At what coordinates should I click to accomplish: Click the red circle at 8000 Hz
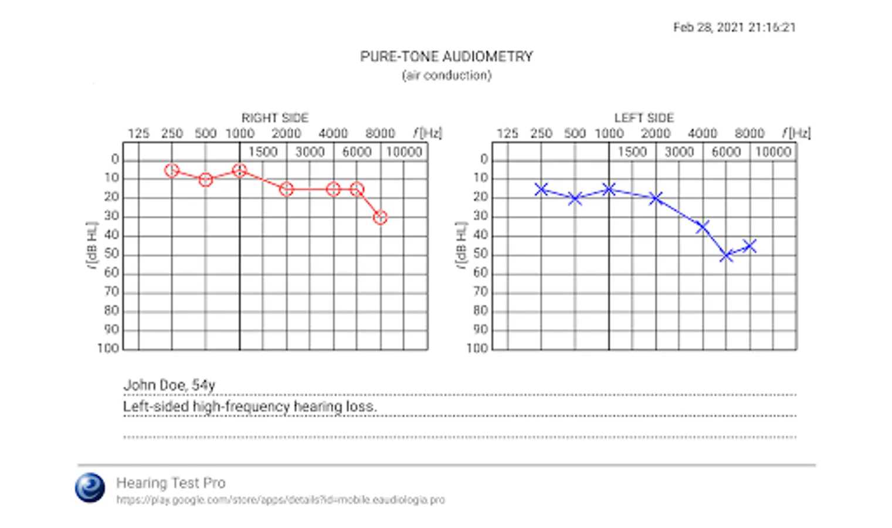(381, 218)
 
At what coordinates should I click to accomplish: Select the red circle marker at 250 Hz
(171, 171)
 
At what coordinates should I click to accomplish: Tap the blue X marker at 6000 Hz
(726, 256)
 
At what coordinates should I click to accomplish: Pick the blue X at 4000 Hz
(703, 226)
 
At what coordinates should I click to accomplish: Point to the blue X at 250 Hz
(541, 189)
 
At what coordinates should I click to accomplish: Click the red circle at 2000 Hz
(286, 189)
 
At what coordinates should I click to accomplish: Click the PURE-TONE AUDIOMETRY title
(446, 57)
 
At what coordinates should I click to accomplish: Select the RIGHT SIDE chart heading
(275, 118)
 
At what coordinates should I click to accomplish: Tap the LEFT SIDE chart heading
(644, 118)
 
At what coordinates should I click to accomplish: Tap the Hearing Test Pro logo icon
(90, 488)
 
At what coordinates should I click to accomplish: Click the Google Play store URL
(280, 500)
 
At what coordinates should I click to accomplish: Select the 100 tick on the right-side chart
(108, 348)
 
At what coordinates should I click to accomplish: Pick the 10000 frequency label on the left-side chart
(773, 153)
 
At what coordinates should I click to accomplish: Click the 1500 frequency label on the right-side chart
(263, 153)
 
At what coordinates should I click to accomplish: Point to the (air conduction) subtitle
(446, 76)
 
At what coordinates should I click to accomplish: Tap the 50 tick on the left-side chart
(480, 254)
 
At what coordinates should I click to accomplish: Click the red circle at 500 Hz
(205, 180)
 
